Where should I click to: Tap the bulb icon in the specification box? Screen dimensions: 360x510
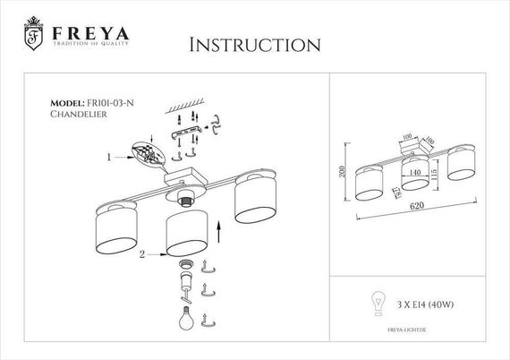[377, 302]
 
